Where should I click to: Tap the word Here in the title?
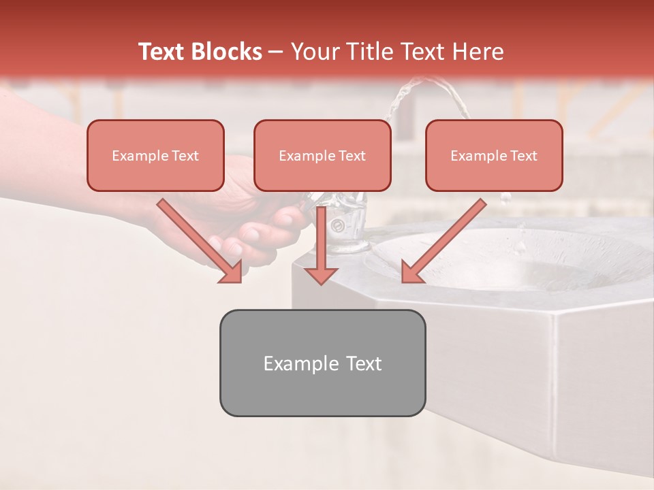[x=478, y=52]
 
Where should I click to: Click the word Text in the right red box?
[x=524, y=156]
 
